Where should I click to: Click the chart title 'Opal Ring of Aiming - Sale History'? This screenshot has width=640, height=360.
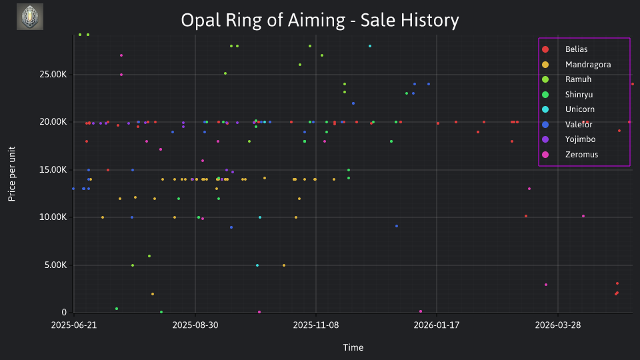(320, 20)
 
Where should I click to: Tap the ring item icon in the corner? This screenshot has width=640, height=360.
(30, 17)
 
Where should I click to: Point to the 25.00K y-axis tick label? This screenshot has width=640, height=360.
(53, 74)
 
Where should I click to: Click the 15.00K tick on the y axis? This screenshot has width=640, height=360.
(53, 169)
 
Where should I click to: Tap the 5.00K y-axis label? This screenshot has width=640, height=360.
(55, 265)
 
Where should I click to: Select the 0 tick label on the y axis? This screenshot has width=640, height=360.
(64, 312)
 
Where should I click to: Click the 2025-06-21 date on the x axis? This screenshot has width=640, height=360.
(74, 325)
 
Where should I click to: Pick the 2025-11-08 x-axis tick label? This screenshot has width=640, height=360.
(316, 325)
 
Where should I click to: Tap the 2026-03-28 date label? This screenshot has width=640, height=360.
(558, 325)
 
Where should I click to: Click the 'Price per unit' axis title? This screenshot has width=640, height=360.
(12, 174)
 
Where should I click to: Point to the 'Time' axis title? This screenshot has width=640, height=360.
(353, 347)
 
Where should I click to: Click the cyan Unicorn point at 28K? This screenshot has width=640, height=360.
(370, 46)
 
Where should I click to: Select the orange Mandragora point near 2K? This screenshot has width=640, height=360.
(153, 294)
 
